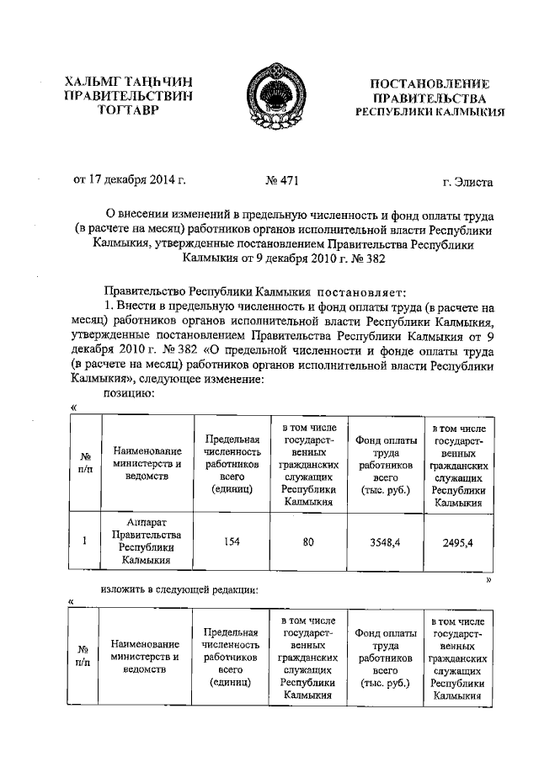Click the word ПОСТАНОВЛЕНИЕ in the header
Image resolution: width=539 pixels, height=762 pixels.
430,83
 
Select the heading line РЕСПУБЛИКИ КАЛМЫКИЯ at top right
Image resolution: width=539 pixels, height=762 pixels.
430,111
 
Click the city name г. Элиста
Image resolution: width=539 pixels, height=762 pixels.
467,180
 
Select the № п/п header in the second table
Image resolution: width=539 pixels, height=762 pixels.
84,656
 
